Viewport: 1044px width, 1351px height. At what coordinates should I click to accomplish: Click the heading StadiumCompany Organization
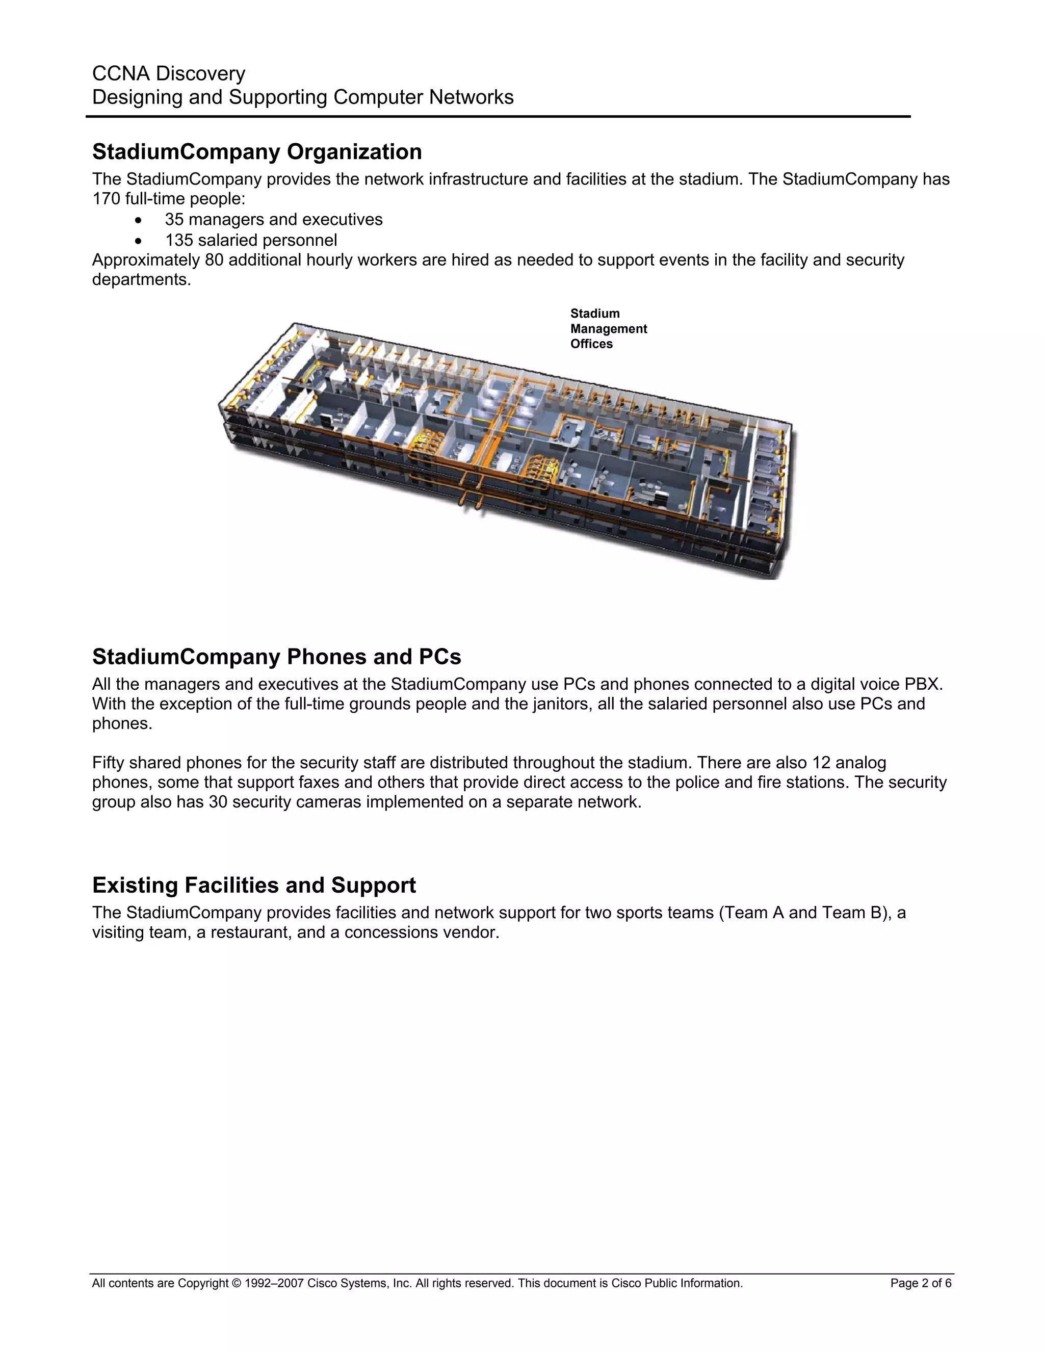pos(257,151)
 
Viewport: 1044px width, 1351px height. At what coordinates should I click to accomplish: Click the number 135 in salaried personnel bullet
pos(179,240)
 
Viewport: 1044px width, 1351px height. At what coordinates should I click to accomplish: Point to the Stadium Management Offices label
pos(608,328)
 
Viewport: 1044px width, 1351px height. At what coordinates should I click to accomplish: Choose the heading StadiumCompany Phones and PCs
pos(276,657)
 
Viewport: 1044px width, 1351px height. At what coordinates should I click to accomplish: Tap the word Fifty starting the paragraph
pos(108,763)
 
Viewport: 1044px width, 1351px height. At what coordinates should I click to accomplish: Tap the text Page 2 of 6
pos(920,1284)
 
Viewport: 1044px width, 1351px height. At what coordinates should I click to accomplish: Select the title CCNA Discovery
pos(168,73)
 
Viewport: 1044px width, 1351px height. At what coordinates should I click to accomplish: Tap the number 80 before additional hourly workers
pos(214,260)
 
